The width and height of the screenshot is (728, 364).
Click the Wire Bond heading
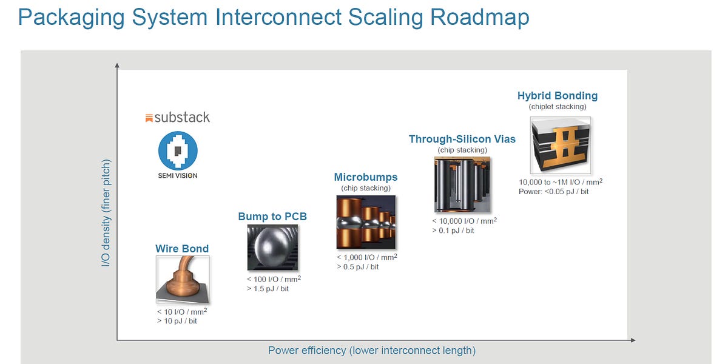pyautogui.click(x=182, y=249)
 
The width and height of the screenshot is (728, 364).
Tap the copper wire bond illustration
pyautogui.click(x=183, y=280)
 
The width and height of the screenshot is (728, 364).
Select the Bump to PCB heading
pyautogui.click(x=272, y=217)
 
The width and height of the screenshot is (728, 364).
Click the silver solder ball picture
pyautogui.click(x=272, y=248)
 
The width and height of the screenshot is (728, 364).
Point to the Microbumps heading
pyautogui.click(x=366, y=177)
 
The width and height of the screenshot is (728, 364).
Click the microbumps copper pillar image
pyautogui.click(x=366, y=221)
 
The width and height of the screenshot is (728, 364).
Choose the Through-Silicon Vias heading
pyautogui.click(x=462, y=139)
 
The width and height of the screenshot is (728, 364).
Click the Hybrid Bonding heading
pyautogui.click(x=558, y=95)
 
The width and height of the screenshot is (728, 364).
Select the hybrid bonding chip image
pyautogui.click(x=561, y=145)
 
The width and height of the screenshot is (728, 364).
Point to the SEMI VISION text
pyautogui.click(x=178, y=176)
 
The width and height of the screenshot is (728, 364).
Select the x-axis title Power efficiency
pyautogui.click(x=372, y=351)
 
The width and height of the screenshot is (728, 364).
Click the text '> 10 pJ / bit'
pyautogui.click(x=177, y=321)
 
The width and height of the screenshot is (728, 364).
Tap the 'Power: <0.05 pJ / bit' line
pyautogui.click(x=554, y=192)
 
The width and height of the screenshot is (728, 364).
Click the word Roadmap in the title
pyautogui.click(x=480, y=17)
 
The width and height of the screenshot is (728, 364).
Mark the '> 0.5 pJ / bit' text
pyautogui.click(x=358, y=267)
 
